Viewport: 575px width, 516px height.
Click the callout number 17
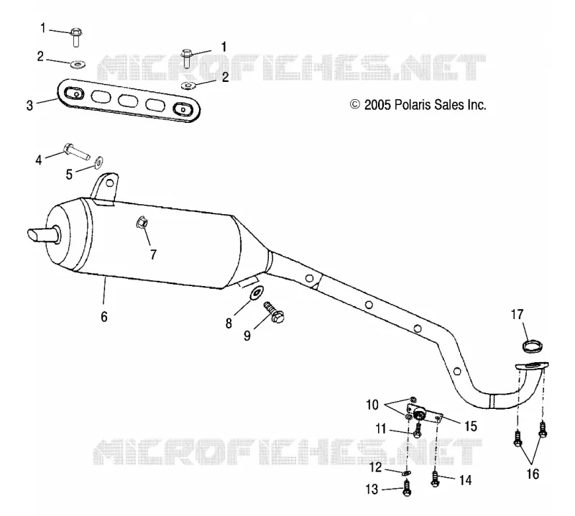517,315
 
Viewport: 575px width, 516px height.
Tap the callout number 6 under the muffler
104,316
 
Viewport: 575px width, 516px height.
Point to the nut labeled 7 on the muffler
142,223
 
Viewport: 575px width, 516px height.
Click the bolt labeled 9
275,312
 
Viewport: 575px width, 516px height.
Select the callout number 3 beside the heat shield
29,106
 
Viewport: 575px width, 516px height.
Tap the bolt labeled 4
77,151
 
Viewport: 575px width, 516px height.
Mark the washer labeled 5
98,162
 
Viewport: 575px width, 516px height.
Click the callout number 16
533,474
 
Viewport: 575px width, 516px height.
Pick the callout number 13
372,489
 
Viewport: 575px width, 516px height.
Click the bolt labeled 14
435,479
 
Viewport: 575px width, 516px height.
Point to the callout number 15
471,426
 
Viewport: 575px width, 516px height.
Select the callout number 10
372,405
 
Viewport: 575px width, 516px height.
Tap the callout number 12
375,468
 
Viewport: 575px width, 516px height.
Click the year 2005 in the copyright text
378,105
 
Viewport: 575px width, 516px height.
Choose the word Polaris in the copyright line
413,105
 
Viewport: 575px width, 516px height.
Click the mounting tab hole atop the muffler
109,183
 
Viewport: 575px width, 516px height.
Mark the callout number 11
381,428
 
